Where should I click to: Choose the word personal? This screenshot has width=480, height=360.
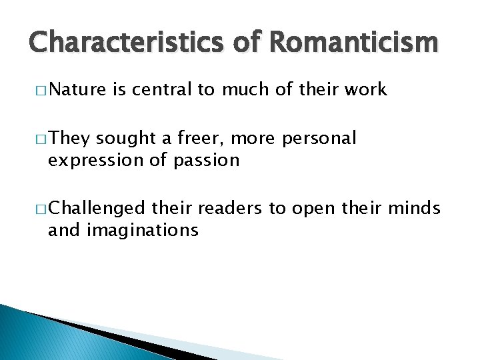click(x=319, y=139)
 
